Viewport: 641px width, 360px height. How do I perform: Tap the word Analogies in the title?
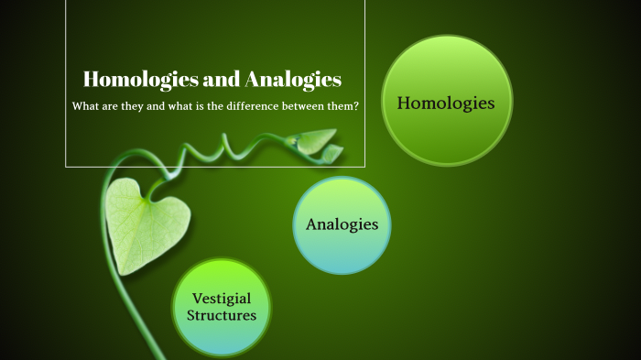pyautogui.click(x=294, y=80)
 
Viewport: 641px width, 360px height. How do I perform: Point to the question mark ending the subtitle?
pyautogui.click(x=355, y=106)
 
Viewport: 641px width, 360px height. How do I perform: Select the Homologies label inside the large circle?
pyautogui.click(x=446, y=104)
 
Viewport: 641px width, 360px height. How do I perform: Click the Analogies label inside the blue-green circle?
pyautogui.click(x=342, y=224)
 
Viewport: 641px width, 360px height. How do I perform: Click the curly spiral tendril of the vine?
pyautogui.click(x=227, y=147)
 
